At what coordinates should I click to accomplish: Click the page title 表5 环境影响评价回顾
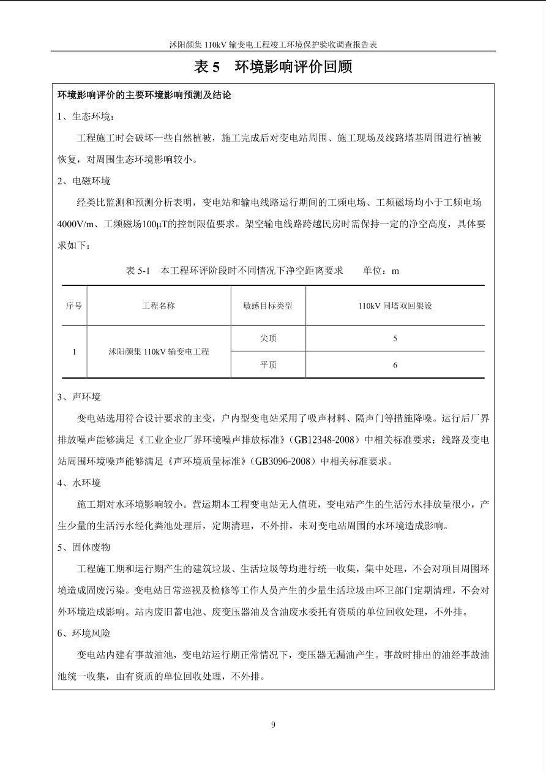tap(273, 67)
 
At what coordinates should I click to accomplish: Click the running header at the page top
tap(273, 45)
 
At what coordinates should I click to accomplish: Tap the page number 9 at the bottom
tap(273, 725)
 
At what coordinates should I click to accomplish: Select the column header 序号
tap(74, 306)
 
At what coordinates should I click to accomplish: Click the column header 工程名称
tap(159, 306)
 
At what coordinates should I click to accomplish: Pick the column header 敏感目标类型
tap(268, 306)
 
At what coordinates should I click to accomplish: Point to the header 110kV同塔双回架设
tap(395, 306)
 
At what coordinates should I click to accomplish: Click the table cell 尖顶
tap(268, 338)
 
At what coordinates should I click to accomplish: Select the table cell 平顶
tap(268, 365)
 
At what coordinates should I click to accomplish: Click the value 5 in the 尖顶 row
tap(395, 338)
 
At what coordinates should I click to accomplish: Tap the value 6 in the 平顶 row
tap(395, 365)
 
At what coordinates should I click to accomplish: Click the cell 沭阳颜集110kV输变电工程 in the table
tap(159, 352)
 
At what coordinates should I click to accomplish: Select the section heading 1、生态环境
tap(86, 117)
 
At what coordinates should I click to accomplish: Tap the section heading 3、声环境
tap(79, 397)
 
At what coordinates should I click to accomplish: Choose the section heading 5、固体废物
tap(84, 548)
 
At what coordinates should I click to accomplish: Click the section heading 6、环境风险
tap(84, 633)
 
